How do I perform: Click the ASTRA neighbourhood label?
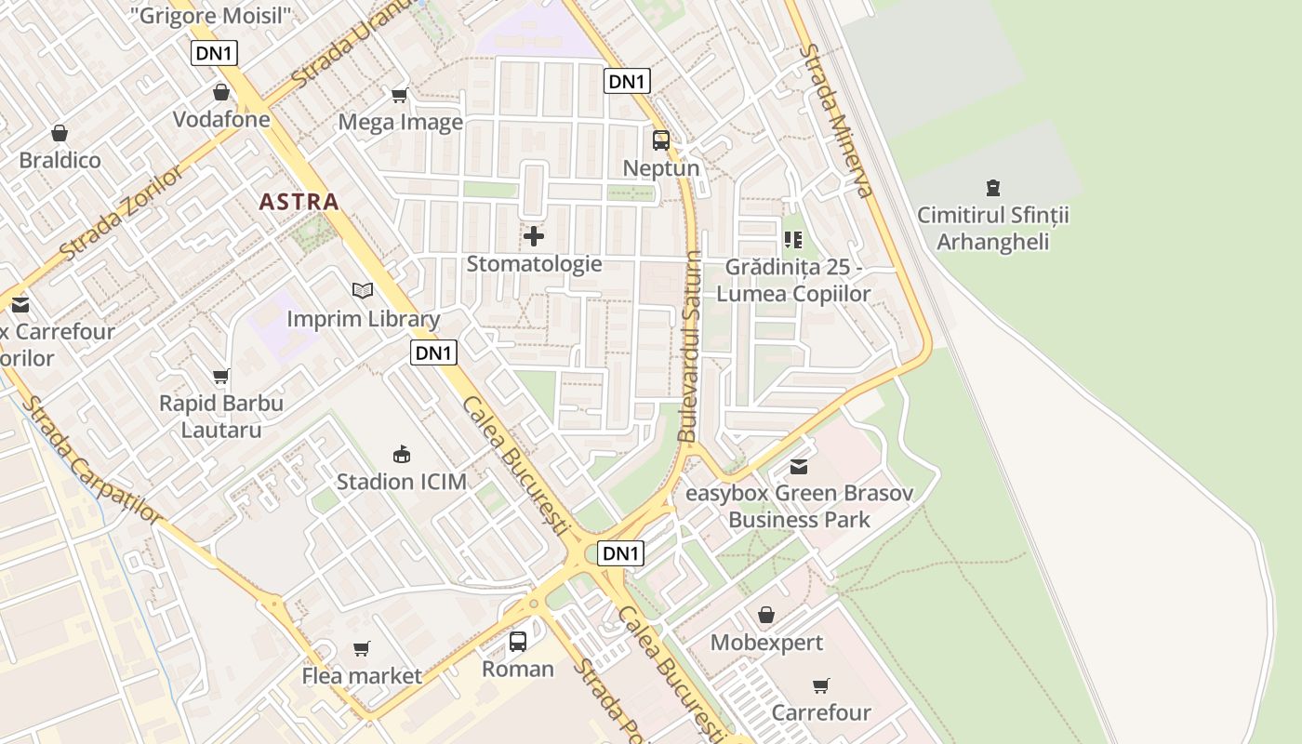(299, 201)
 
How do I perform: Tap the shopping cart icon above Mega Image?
(400, 95)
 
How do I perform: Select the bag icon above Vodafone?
(221, 92)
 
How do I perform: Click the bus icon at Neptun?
(661, 140)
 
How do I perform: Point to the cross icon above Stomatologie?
(534, 236)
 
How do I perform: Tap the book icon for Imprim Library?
(363, 291)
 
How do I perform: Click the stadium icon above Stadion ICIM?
(402, 455)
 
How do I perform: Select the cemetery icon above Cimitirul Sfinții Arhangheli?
(993, 188)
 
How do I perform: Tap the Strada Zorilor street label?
(122, 214)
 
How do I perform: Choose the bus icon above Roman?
(518, 642)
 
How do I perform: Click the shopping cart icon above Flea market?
(362, 648)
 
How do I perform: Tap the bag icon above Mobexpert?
(766, 615)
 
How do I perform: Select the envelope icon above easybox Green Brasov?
(799, 466)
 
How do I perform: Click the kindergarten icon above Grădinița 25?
(793, 240)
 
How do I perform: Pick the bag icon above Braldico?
(60, 133)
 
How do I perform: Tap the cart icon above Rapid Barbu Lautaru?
(221, 377)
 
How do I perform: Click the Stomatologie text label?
(534, 264)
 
